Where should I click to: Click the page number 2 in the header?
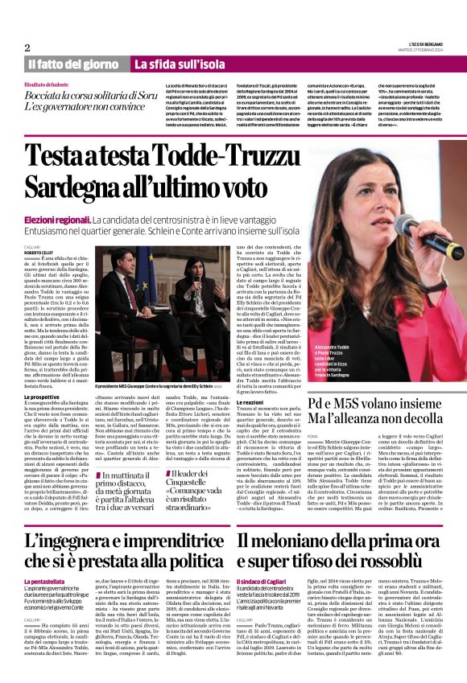click(x=27, y=47)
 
